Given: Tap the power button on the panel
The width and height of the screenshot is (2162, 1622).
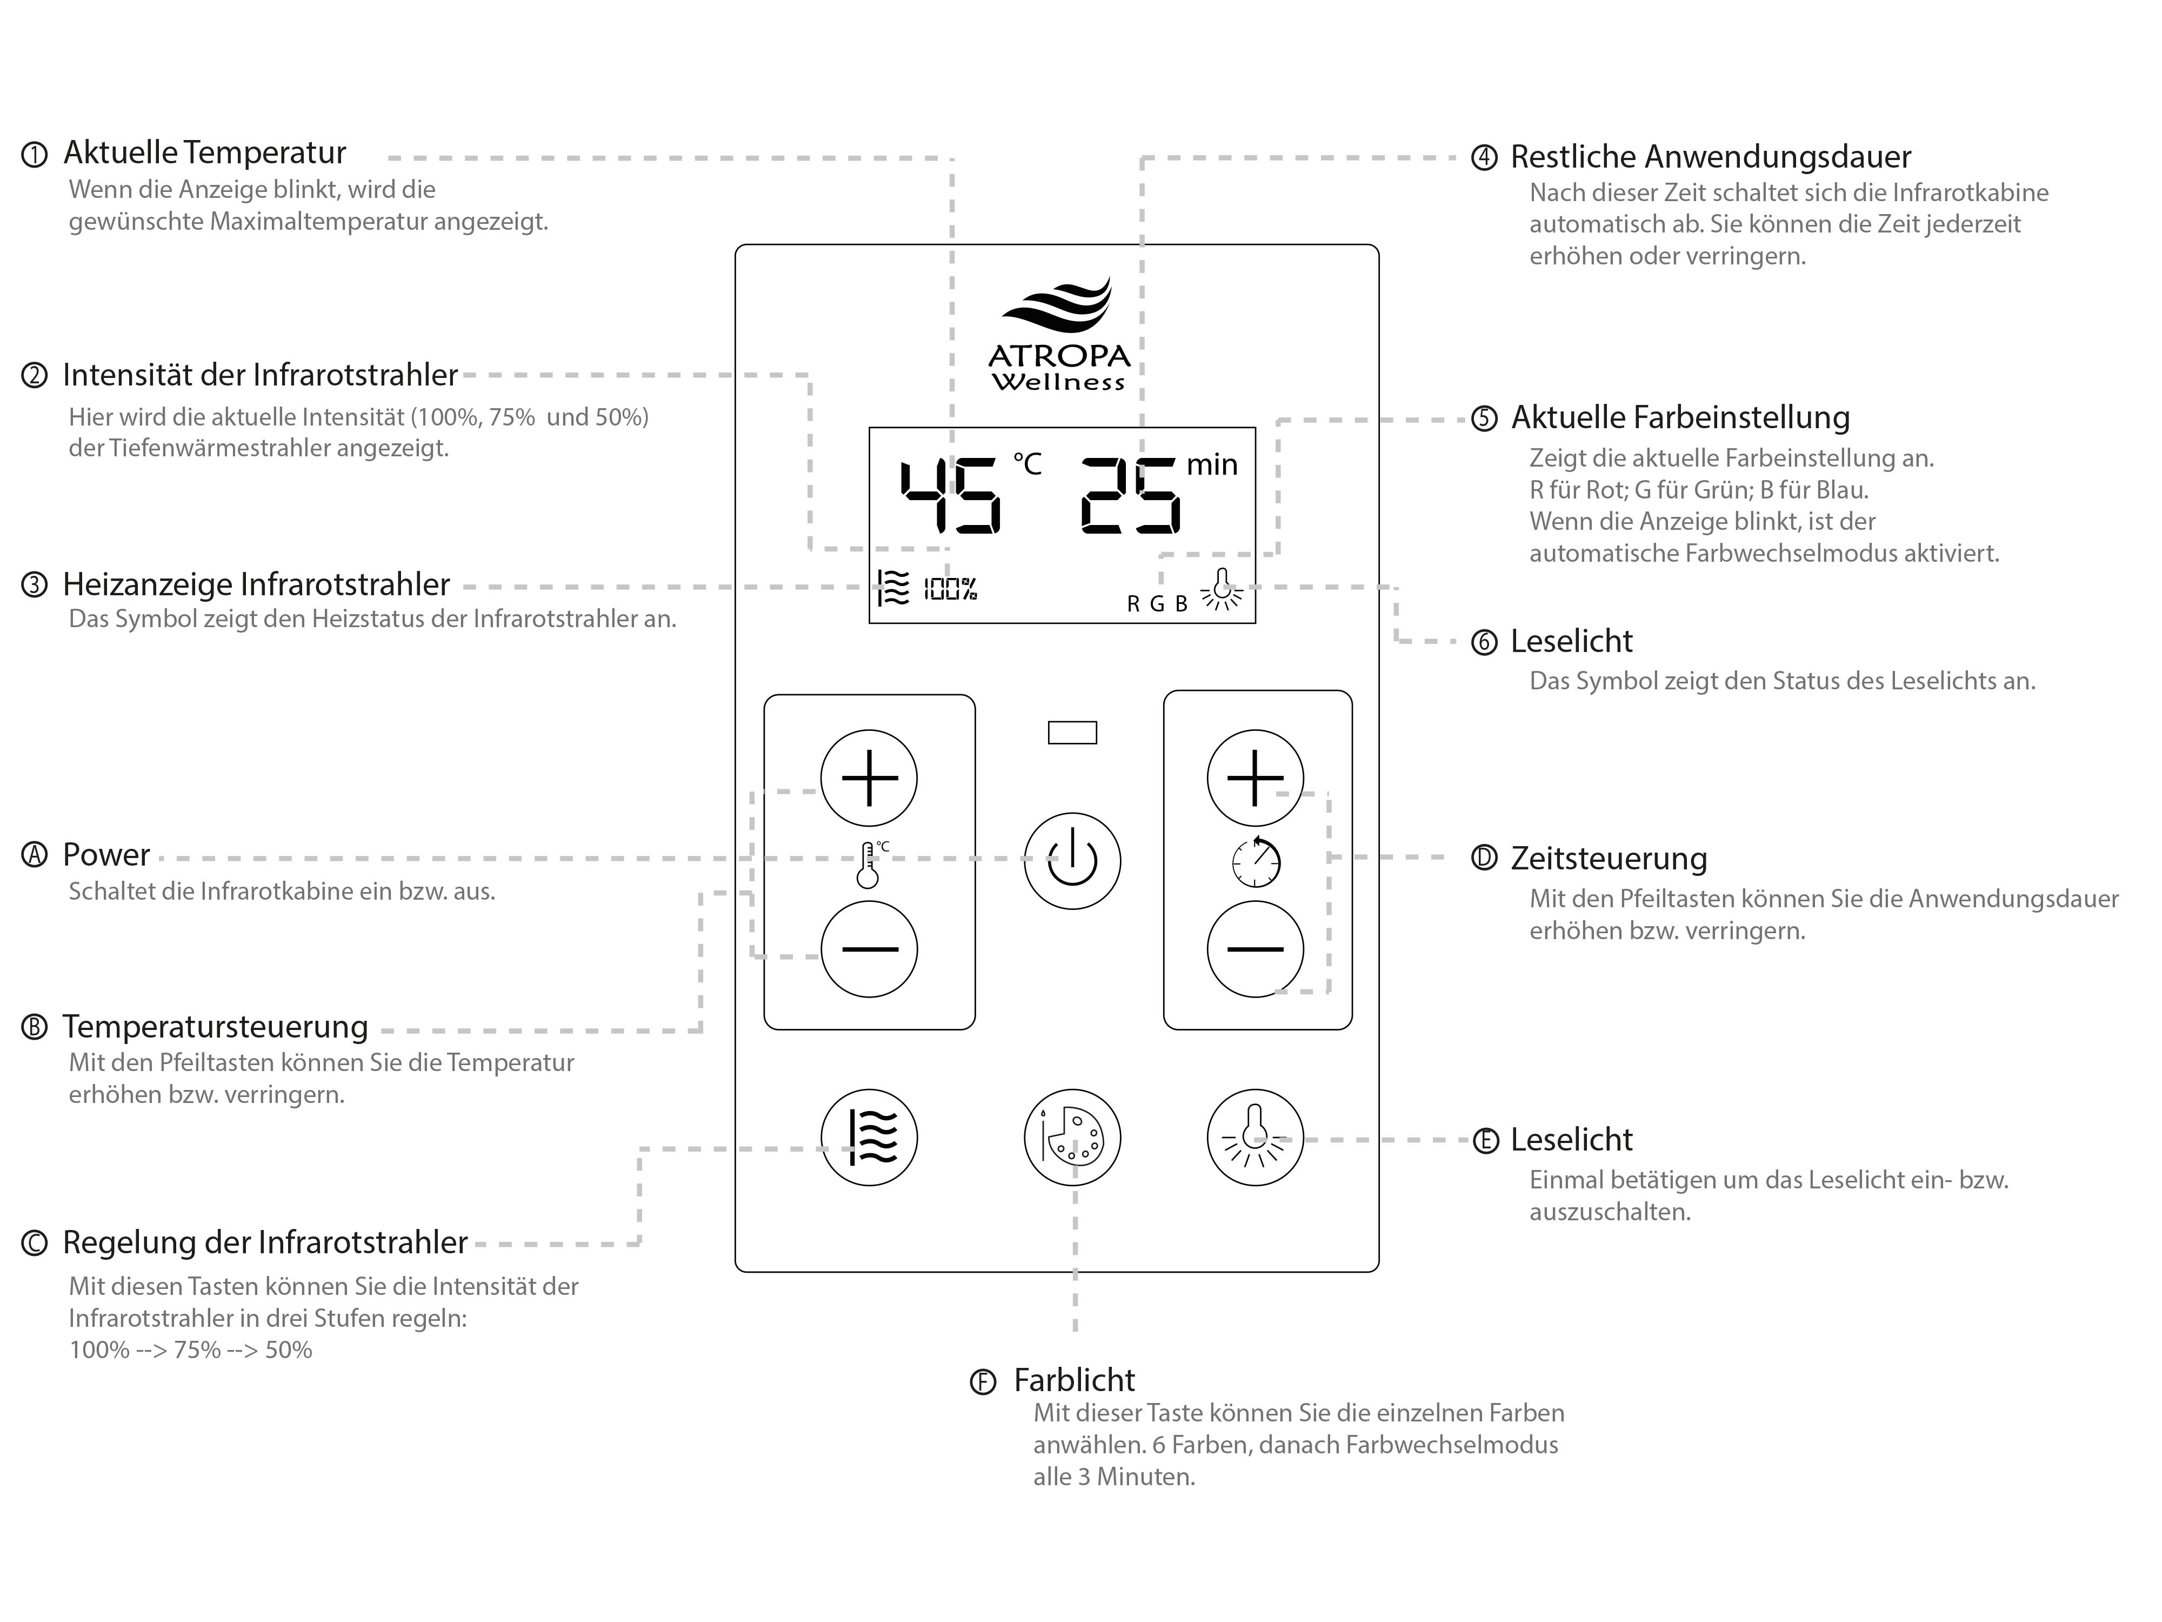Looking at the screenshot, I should point(1072,860).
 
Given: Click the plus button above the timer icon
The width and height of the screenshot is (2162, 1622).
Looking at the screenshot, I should point(1255,778).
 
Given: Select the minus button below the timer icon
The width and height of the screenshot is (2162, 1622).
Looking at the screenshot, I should point(1255,948).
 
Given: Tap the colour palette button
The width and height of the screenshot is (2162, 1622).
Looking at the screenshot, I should point(1072,1137).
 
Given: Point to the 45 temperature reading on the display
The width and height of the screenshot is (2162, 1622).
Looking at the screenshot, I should point(950,497).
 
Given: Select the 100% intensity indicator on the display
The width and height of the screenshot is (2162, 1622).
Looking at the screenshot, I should point(950,589).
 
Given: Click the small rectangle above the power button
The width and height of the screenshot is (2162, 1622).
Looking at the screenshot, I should point(1072,732).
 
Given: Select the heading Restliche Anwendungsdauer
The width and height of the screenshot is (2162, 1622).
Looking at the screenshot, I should point(1711,156).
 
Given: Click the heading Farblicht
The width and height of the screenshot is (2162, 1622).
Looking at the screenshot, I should point(1074,1380).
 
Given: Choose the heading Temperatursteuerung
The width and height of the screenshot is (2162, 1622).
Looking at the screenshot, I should point(215,1027).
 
